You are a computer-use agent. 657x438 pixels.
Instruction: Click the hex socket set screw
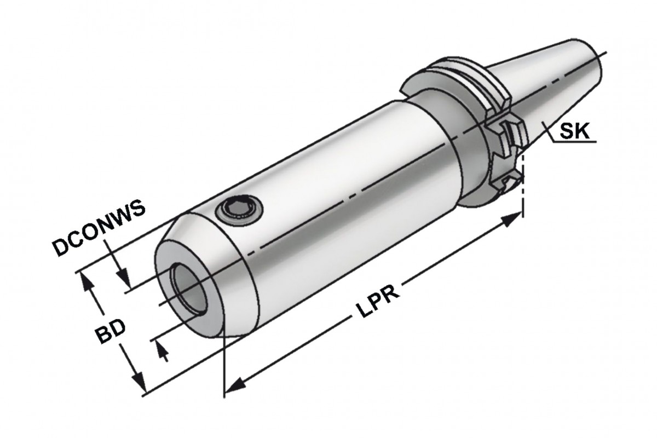[x=239, y=210]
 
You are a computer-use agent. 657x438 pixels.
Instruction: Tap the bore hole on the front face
[x=188, y=289]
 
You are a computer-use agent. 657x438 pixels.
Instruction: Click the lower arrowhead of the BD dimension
[x=139, y=382]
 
